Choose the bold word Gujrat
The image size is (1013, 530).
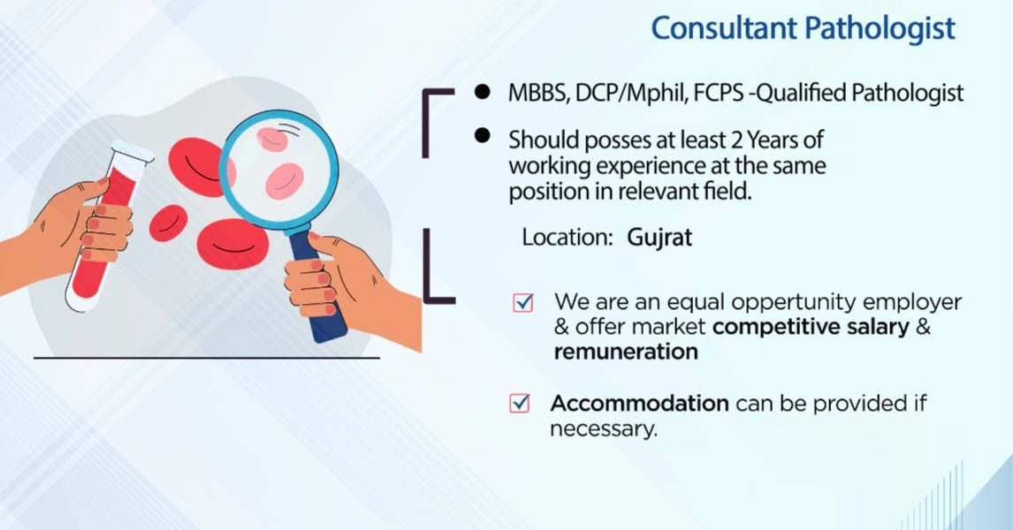click(x=659, y=238)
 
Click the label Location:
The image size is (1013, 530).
click(x=567, y=238)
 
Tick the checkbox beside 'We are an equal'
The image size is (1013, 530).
click(x=522, y=303)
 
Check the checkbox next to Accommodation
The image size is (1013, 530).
click(x=520, y=404)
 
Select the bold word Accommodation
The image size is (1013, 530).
click(x=640, y=404)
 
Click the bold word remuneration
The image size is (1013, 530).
click(x=626, y=352)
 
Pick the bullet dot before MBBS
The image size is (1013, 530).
click(x=482, y=91)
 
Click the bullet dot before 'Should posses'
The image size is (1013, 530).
click(x=482, y=135)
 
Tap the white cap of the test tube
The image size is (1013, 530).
click(x=133, y=151)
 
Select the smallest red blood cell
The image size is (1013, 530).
click(x=169, y=223)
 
